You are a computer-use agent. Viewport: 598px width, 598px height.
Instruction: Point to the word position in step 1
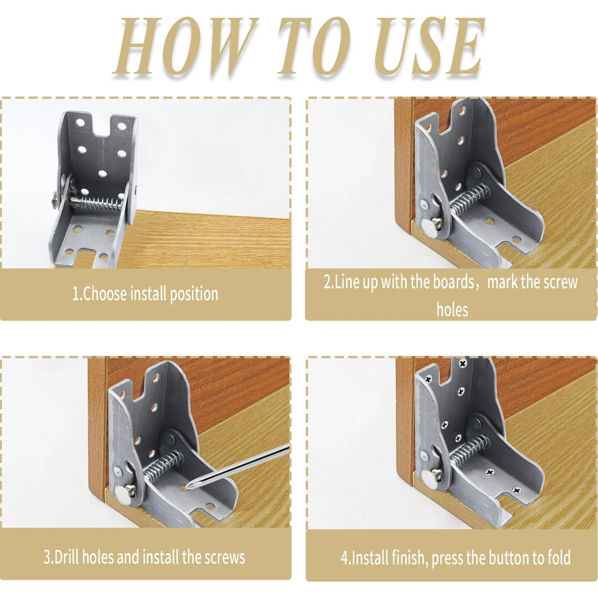click(x=194, y=294)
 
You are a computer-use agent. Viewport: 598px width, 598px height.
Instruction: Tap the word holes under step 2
click(x=452, y=309)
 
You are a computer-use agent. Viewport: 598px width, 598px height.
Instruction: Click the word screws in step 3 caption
click(x=225, y=558)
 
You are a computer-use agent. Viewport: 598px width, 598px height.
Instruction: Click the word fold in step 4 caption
click(x=559, y=557)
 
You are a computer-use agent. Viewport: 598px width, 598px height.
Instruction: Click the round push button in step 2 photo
click(x=429, y=231)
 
